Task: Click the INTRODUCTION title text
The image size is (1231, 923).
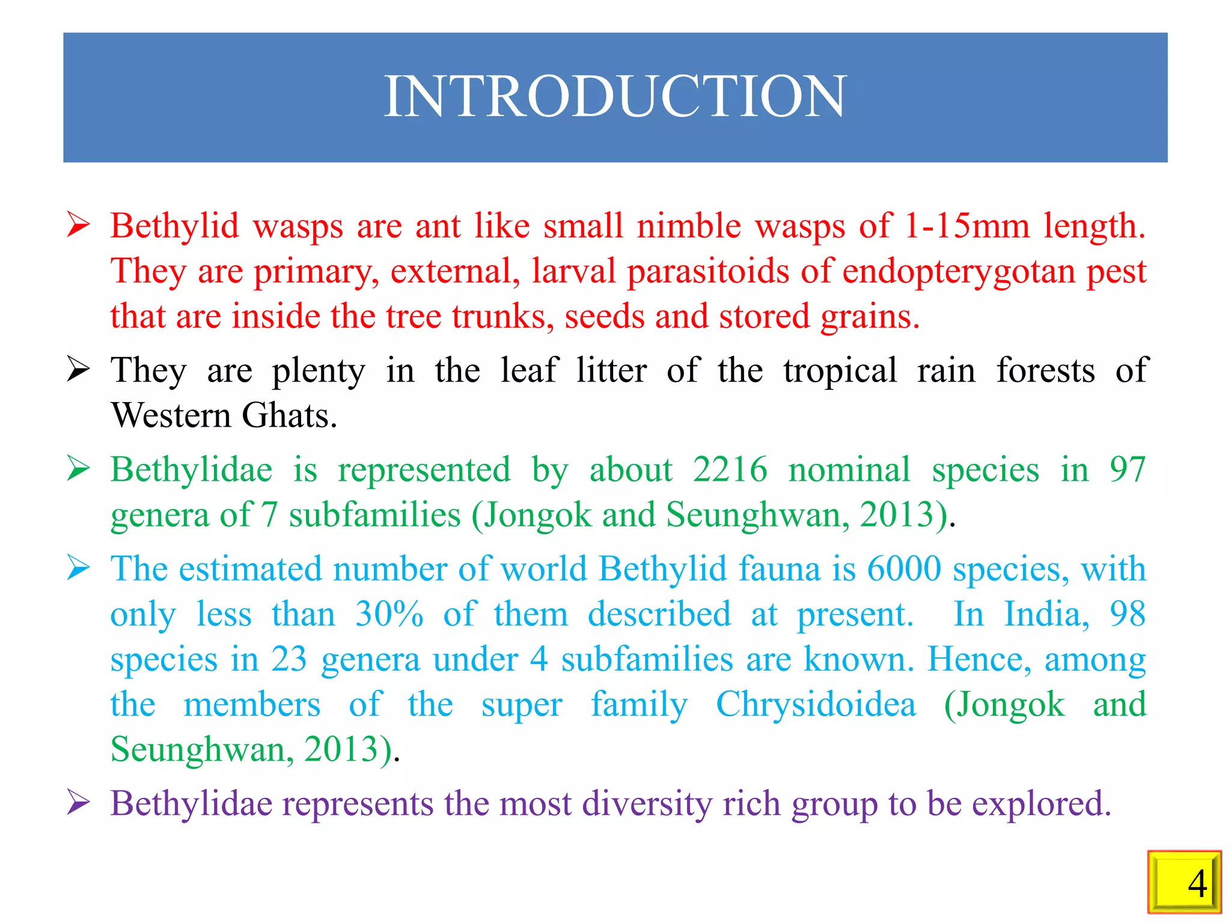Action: tap(615, 97)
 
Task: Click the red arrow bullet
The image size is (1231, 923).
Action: tap(79, 225)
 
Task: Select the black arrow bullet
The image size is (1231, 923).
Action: tap(79, 369)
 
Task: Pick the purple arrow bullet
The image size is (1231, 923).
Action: tap(79, 802)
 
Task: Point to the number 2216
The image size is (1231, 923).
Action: tap(730, 469)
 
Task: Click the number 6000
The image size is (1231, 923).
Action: tap(904, 568)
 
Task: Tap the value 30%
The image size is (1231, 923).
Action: tap(389, 614)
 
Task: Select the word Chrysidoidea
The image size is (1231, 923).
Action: tap(816, 704)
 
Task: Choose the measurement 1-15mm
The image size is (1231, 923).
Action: tap(967, 227)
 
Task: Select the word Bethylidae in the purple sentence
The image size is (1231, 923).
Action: tap(191, 803)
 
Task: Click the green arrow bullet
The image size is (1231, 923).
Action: tap(79, 469)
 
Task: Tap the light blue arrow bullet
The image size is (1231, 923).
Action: tap(79, 568)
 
